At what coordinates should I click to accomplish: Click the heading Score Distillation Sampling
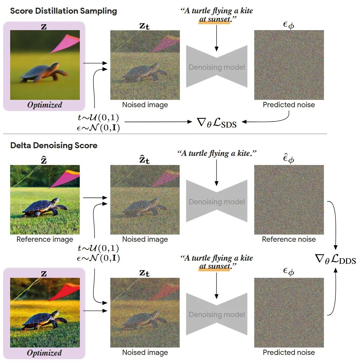point(63,11)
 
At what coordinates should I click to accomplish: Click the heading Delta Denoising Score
point(54,145)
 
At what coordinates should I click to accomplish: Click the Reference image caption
point(45,240)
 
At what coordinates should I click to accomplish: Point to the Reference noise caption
point(289,240)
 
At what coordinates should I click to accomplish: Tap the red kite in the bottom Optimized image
point(67,292)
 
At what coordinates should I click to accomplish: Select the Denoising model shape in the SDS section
point(217,67)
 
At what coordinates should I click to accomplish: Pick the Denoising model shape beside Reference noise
point(217,201)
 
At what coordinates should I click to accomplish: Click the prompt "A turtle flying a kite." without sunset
point(216,153)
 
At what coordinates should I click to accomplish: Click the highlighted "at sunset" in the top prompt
point(215,20)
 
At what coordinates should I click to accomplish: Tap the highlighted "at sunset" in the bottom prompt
point(214,267)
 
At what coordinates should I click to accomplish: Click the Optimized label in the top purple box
point(44,105)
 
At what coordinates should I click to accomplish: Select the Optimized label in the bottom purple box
point(44,353)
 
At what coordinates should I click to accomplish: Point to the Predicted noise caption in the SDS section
point(289,105)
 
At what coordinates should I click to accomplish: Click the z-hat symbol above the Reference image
point(44,160)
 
